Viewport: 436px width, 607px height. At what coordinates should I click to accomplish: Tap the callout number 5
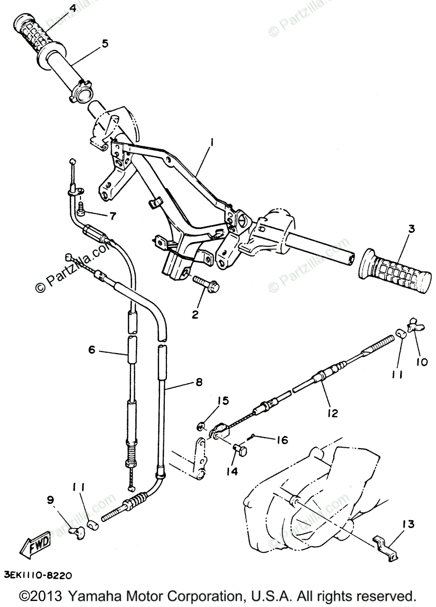(x=105, y=44)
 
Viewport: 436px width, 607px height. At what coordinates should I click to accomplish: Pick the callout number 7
(x=112, y=215)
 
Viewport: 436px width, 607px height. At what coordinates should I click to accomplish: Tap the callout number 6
(x=92, y=350)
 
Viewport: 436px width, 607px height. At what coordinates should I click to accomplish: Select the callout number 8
(x=198, y=382)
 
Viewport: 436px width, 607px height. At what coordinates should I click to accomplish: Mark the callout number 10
(x=421, y=362)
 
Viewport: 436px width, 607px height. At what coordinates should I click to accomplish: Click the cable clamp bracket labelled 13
(x=386, y=545)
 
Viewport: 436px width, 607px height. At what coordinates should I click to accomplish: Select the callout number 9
(x=50, y=500)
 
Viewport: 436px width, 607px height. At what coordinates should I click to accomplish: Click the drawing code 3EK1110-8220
(x=38, y=575)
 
